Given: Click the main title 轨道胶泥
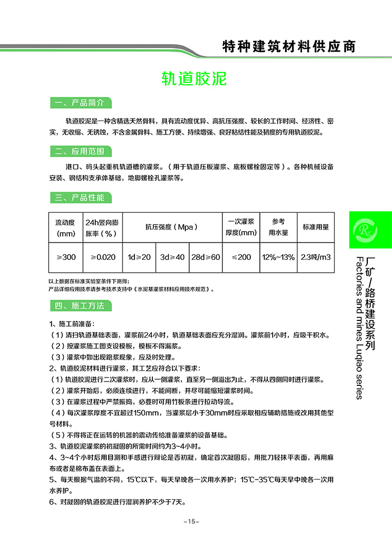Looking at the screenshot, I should click(194, 78).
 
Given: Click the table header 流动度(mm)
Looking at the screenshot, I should click(66, 227).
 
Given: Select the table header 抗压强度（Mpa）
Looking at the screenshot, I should click(172, 227).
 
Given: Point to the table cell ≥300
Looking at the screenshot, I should click(66, 257).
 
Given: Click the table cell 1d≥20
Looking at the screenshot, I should click(139, 257).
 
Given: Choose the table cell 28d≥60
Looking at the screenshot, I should click(206, 257).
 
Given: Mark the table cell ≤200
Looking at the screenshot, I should click(241, 257).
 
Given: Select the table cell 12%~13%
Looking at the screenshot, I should click(278, 257).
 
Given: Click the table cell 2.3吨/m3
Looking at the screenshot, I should click(316, 257).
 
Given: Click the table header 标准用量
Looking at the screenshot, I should click(316, 227).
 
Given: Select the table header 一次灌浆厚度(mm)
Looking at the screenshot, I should click(241, 227).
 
